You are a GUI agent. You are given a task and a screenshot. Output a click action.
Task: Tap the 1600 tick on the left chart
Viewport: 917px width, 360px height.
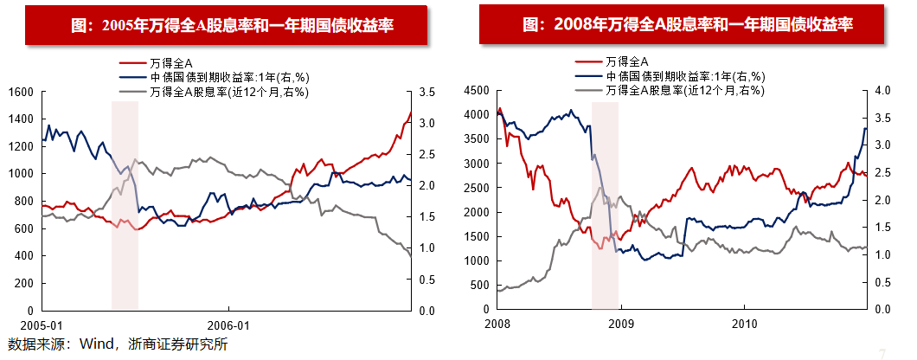click(x=21, y=92)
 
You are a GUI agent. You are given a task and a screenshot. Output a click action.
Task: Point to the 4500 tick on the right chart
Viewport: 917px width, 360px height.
click(x=477, y=90)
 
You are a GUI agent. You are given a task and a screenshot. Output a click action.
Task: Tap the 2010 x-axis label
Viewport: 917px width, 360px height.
click(x=744, y=325)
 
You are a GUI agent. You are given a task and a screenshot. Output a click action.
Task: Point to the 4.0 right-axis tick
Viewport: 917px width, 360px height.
click(x=882, y=90)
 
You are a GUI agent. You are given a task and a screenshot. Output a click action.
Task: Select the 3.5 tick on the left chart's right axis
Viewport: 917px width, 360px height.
click(x=427, y=92)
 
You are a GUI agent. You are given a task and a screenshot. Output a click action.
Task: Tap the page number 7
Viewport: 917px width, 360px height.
click(x=882, y=352)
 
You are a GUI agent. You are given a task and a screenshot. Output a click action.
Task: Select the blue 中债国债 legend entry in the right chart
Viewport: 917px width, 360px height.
click(x=683, y=76)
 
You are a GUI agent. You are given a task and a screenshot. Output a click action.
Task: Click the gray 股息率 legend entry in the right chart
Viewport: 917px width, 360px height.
click(x=683, y=90)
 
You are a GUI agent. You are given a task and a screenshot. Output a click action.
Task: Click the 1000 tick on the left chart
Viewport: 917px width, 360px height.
click(x=21, y=173)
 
